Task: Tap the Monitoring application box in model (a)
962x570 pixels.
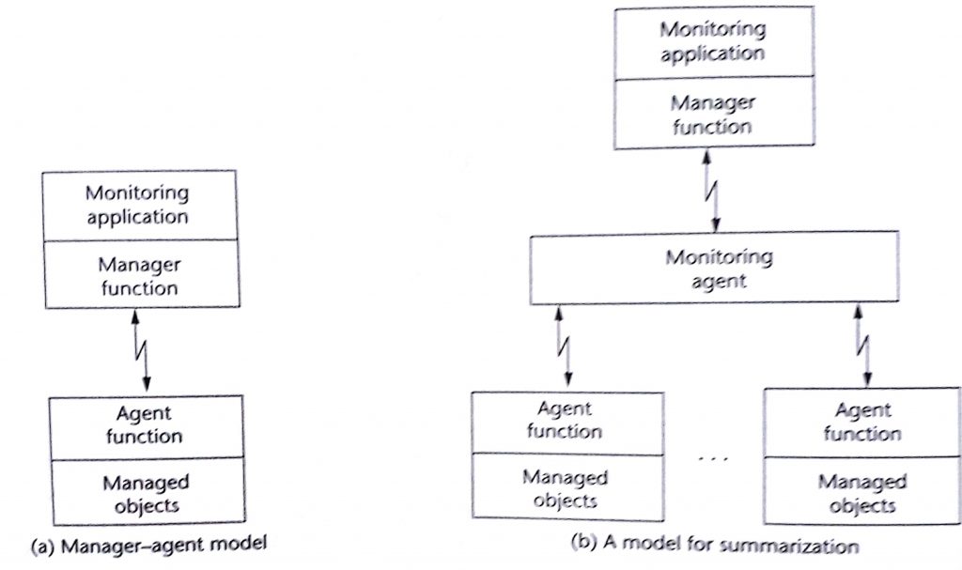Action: [136, 205]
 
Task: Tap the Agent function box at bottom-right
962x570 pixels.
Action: [861, 422]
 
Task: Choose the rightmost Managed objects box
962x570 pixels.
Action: [861, 491]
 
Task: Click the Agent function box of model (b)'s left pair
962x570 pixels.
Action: [564, 421]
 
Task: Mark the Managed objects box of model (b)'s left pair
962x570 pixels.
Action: [564, 486]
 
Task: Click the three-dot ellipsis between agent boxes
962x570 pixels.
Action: [712, 458]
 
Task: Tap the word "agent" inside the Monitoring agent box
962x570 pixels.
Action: [718, 280]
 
